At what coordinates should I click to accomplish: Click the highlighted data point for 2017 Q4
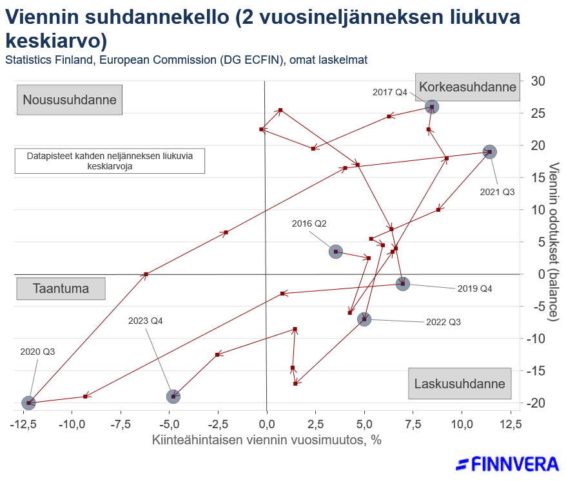(432, 107)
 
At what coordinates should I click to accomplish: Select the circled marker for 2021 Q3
(489, 152)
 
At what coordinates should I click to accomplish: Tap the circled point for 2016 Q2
(335, 252)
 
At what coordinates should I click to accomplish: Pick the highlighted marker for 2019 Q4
(403, 283)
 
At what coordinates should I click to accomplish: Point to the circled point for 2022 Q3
(364, 319)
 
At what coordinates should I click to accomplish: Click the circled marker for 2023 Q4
(173, 396)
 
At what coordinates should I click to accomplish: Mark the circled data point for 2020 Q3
(28, 402)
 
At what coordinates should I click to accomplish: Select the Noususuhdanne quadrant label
(70, 100)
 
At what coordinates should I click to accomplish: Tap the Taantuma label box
(61, 288)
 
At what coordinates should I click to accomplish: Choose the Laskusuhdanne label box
(459, 384)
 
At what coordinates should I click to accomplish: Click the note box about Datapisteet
(110, 161)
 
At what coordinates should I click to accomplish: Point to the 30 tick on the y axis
(538, 81)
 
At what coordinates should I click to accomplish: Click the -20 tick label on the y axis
(535, 403)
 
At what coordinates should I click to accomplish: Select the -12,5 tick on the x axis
(26, 424)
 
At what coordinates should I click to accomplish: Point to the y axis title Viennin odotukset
(554, 241)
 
